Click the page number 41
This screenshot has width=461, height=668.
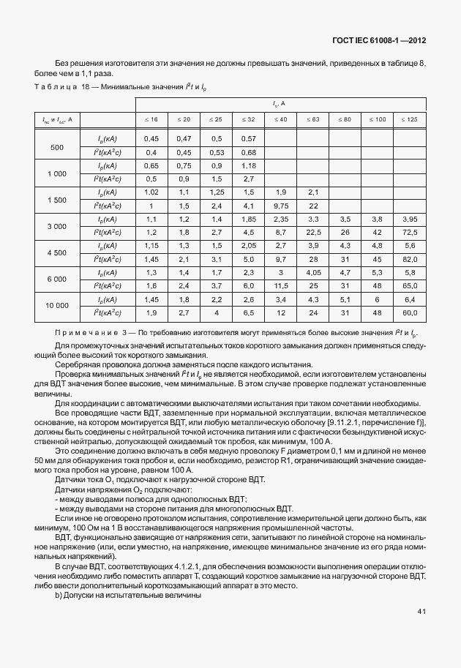[x=421, y=611]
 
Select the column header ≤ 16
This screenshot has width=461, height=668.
[x=151, y=118]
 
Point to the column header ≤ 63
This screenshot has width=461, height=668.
[x=312, y=118]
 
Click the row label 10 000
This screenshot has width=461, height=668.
[x=56, y=306]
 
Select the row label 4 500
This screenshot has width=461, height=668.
[x=56, y=252]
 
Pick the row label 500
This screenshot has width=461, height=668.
[x=56, y=147]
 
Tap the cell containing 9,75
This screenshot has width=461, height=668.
[x=280, y=206]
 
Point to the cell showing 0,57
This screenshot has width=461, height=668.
[x=248, y=139]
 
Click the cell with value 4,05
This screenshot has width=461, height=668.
[x=312, y=271]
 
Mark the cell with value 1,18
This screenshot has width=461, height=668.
[x=248, y=165]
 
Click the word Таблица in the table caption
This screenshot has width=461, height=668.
[x=54, y=87]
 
